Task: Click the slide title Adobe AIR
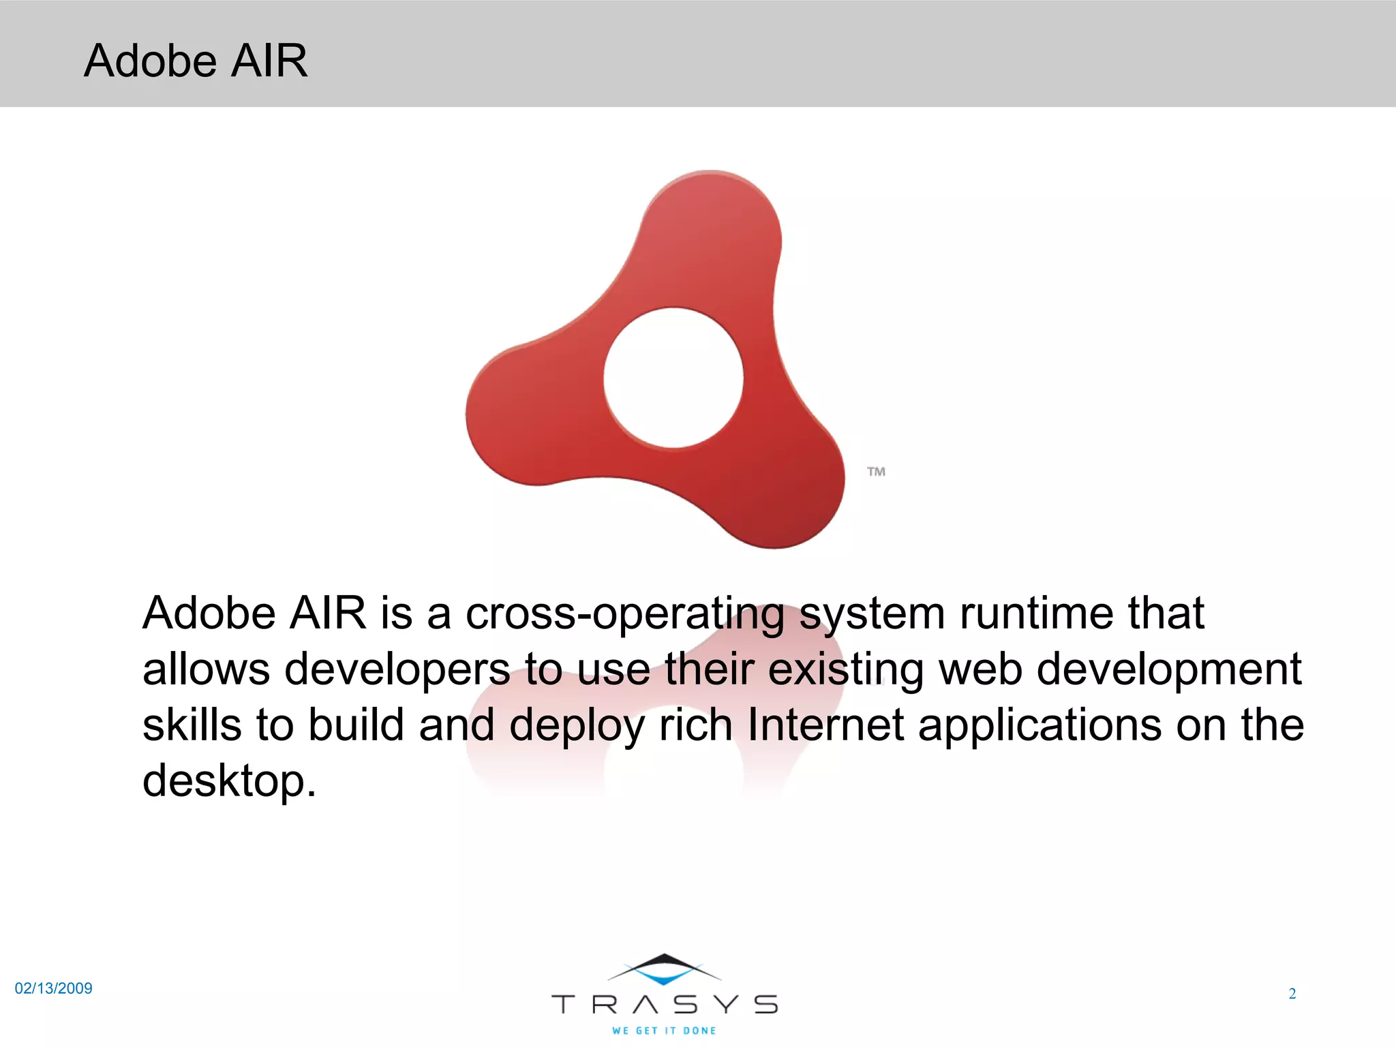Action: pos(196,61)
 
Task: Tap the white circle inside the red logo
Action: pos(673,378)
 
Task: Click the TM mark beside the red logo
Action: pos(876,472)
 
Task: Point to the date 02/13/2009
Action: pos(53,988)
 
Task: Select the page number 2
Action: pos(1292,994)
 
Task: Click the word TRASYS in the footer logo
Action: pos(664,1005)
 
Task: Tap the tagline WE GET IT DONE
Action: pos(664,1031)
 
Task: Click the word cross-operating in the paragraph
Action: pos(624,613)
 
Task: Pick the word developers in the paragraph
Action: pos(397,669)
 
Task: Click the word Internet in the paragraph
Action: pos(825,725)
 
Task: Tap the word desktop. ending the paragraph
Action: pos(229,780)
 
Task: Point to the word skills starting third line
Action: pos(192,725)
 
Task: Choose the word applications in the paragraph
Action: pos(1040,725)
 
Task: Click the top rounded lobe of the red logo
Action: pos(716,225)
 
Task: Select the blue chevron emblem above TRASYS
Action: pos(664,971)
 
